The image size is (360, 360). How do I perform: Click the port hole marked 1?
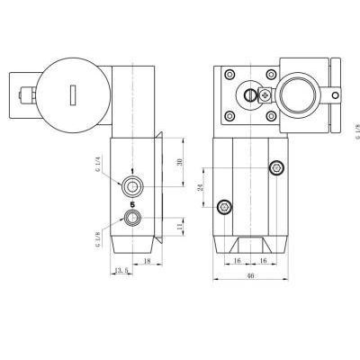[x=134, y=186]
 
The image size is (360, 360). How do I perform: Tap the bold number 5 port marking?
[x=133, y=203]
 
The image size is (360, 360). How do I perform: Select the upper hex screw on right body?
[x=277, y=167]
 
